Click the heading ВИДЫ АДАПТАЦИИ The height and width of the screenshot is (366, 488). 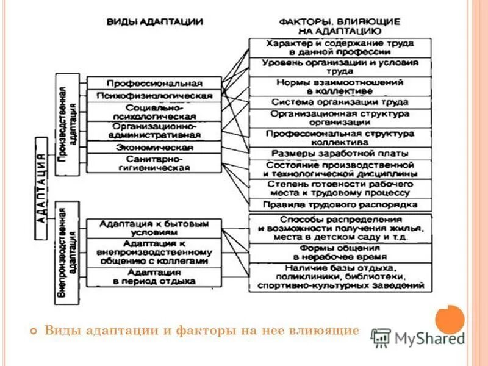(155, 21)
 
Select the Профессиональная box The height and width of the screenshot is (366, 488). (154, 83)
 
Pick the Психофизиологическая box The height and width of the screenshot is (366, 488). (154, 96)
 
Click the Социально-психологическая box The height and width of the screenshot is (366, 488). (154, 111)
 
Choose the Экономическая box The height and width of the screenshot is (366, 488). (154, 148)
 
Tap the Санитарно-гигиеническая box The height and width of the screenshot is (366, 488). (154, 163)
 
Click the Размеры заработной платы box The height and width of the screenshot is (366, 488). (340, 153)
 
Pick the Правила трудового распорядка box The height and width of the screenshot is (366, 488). (340, 204)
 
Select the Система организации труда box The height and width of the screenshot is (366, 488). (340, 102)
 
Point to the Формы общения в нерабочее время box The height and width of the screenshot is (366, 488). (340, 253)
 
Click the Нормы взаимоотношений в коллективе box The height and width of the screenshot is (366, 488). (340, 86)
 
